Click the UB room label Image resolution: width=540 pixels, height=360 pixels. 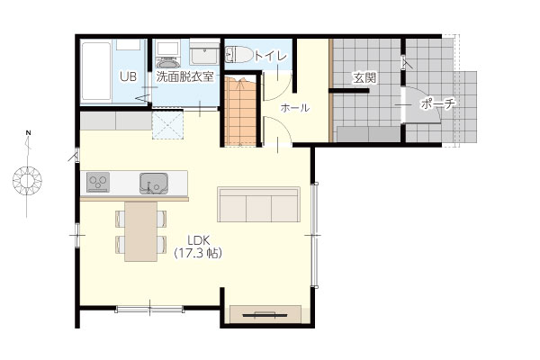click(128, 76)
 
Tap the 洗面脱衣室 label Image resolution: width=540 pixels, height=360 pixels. click(184, 76)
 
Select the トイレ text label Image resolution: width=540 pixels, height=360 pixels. click(270, 56)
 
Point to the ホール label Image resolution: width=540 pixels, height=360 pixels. click(295, 108)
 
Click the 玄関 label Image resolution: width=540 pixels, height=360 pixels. click(364, 78)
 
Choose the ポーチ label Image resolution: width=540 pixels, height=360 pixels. click(438, 103)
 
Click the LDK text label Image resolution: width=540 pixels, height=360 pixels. click(199, 239)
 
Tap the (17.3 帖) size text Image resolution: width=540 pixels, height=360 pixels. click(198, 254)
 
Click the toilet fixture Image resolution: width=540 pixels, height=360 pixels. click(238, 55)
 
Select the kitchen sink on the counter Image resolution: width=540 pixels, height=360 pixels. click(154, 184)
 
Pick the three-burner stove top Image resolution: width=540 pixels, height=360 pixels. click(98, 182)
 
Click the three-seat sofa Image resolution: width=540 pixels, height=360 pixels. click(258, 204)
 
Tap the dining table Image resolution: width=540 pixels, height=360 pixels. click(141, 231)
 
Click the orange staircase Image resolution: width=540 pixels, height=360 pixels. click(240, 111)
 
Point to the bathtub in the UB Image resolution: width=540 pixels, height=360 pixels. click(96, 71)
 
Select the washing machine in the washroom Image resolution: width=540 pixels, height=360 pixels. click(169, 54)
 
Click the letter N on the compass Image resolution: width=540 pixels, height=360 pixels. click(29, 132)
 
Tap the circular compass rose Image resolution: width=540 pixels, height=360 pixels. click(27, 181)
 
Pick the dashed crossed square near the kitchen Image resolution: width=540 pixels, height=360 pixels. click(167, 125)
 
